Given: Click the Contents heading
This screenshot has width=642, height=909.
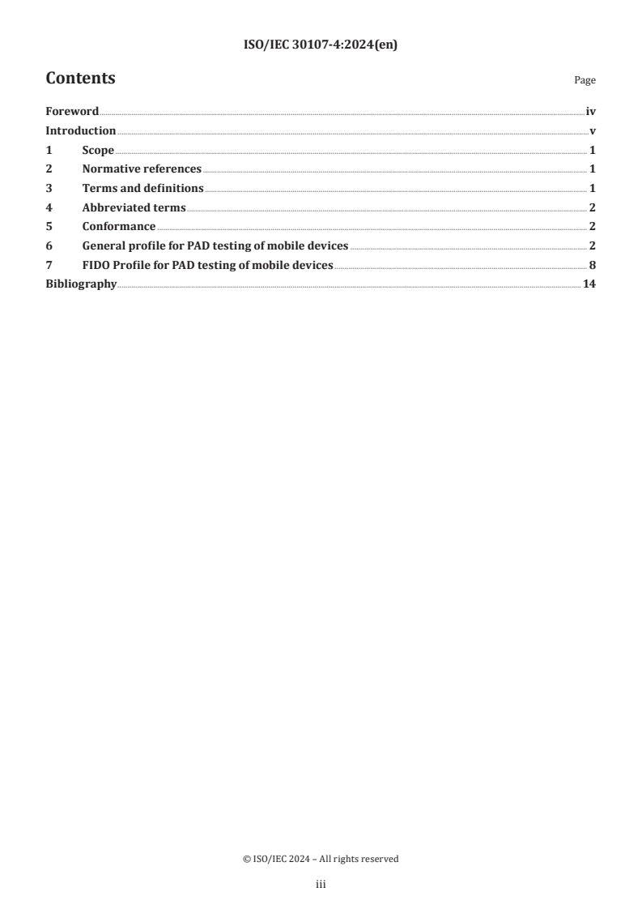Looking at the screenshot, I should (80, 79).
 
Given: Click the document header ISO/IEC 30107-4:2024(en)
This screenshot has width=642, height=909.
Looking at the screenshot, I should (321, 45).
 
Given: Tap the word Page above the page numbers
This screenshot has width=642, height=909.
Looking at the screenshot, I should (585, 81).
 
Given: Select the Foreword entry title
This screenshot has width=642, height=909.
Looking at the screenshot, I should (72, 112).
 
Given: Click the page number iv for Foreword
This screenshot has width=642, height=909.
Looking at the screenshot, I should (591, 112).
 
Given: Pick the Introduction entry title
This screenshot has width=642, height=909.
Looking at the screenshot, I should (81, 131).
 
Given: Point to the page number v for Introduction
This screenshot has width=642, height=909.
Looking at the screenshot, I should (593, 131).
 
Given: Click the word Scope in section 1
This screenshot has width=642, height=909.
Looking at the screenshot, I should (98, 150).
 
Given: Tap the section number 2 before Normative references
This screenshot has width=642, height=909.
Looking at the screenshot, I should (49, 169).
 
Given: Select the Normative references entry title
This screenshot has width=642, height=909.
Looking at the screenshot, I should (142, 169).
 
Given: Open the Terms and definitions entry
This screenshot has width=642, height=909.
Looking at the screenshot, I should (142, 188).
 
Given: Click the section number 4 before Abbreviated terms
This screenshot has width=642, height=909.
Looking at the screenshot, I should (49, 207).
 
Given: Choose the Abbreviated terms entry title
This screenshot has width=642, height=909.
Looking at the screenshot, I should (134, 207).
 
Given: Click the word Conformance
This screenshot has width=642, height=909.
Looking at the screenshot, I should (119, 226).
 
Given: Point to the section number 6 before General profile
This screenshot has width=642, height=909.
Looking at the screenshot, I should (49, 245).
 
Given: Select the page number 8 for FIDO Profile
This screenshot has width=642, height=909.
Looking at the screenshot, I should (593, 264).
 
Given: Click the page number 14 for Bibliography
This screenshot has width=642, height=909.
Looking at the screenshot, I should (589, 284).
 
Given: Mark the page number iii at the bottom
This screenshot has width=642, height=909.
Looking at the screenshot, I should (321, 886).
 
